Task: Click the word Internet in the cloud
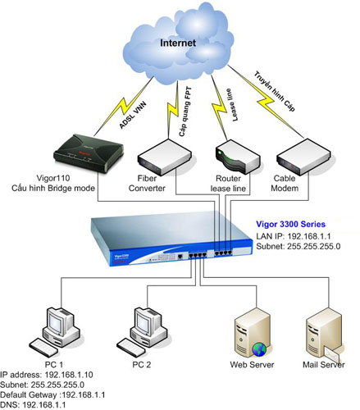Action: [178, 43]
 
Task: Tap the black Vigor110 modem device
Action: [89, 153]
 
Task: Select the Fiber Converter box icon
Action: [164, 157]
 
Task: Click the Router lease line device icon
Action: [238, 157]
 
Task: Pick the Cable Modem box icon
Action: [303, 157]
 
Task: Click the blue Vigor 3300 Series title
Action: [290, 225]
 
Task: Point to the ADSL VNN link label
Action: [133, 115]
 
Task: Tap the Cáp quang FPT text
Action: [185, 112]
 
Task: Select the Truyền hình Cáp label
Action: [275, 91]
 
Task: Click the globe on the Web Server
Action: [259, 349]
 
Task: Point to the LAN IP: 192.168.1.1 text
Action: [294, 236]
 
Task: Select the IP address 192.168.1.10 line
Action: [47, 375]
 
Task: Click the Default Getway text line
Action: [52, 394]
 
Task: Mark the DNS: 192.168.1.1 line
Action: [33, 405]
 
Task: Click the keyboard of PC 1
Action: [43, 347]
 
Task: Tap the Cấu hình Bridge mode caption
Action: [53, 188]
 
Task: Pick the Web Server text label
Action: [252, 364]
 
